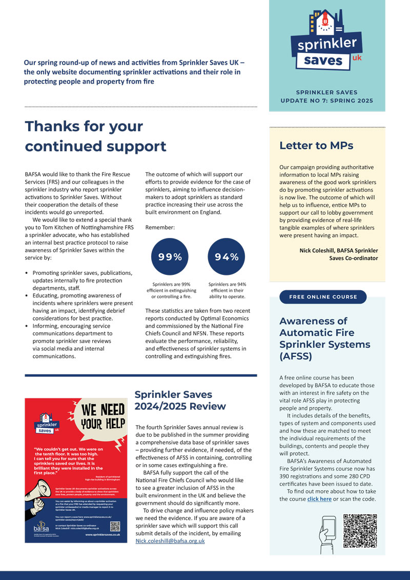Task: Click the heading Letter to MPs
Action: [316, 146]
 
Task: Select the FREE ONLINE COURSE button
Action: [323, 297]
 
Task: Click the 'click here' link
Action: [319, 499]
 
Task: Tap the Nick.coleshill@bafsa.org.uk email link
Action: [170, 541]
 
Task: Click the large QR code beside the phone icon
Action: [360, 531]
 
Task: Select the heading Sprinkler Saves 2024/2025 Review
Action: [180, 401]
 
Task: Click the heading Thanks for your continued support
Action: [95, 136]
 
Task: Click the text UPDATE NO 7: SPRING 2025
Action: [326, 101]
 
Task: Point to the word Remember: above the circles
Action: [161, 226]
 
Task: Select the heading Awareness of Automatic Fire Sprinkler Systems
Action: [320, 339]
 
